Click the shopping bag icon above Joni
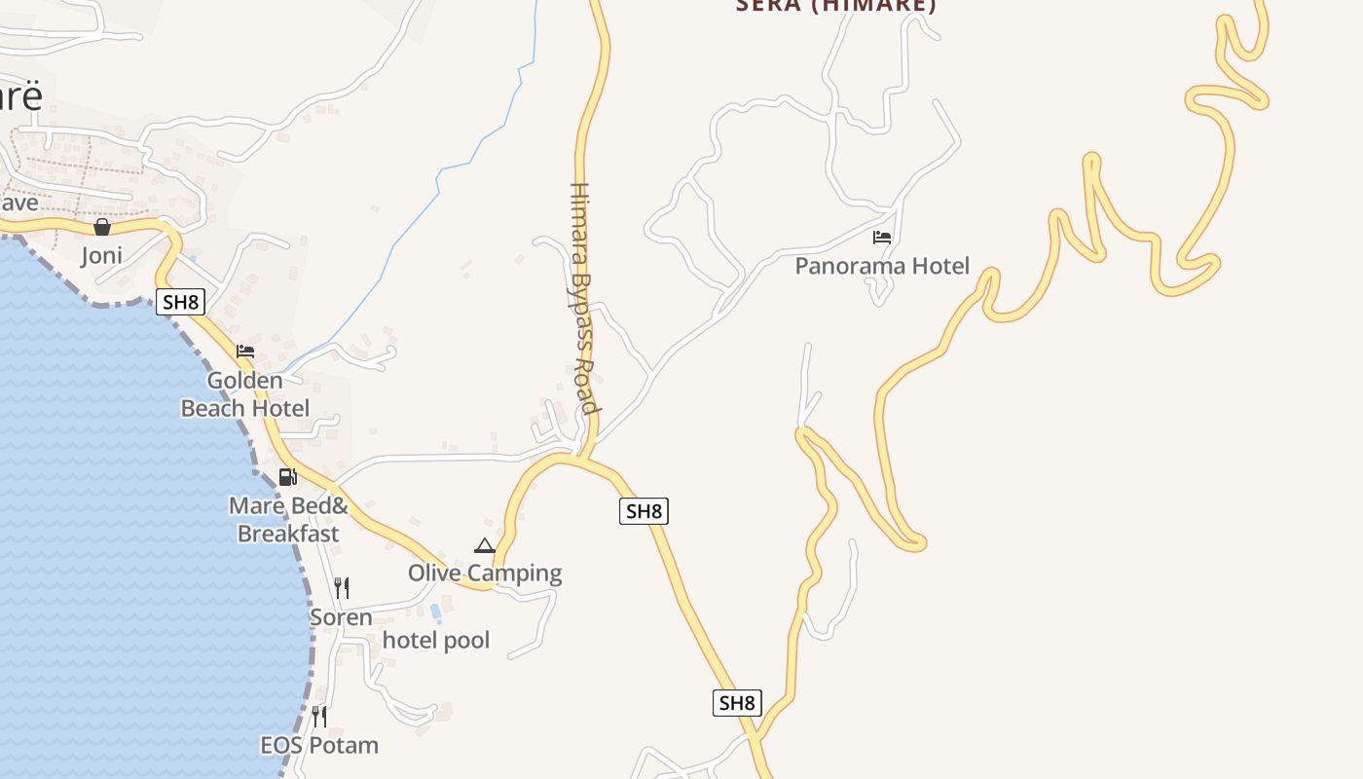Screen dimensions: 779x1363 102,227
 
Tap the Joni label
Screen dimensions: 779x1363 102,255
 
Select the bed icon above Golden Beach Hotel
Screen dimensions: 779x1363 245,352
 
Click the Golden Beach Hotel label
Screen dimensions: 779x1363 245,394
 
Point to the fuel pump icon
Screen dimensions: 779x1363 288,477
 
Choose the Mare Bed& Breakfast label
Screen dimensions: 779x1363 288,520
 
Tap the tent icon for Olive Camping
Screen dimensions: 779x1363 485,545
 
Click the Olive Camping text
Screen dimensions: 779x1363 485,573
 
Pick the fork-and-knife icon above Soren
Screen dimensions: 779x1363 342,588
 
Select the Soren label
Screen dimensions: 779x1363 341,617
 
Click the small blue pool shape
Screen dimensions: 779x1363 435,612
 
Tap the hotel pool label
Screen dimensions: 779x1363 436,640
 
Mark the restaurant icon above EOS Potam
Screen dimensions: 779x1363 319,717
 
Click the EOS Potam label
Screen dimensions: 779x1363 319,745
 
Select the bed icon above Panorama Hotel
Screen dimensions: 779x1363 882,237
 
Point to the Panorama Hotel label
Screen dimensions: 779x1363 882,266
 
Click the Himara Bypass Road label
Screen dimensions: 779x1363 581,297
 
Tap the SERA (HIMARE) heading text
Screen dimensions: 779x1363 835,6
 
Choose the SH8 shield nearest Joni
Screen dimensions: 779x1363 180,302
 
